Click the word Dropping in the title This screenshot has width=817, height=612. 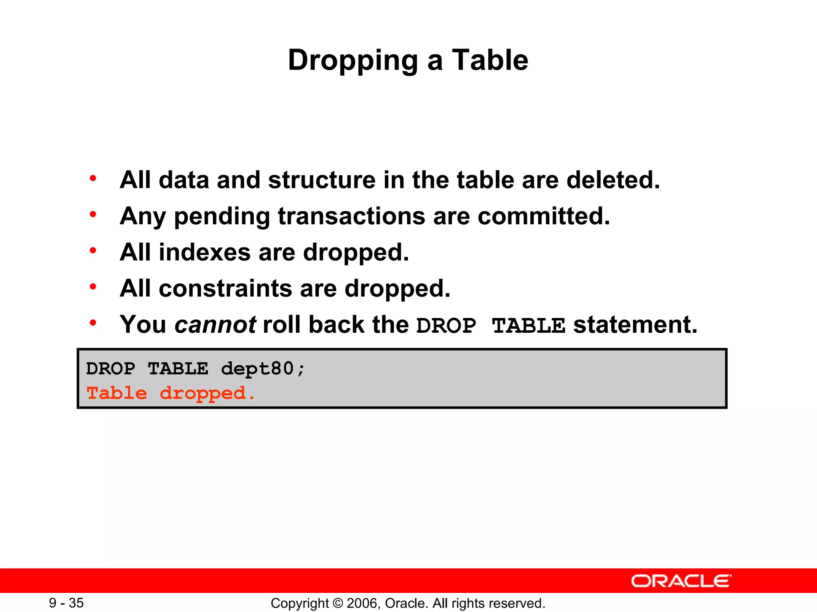[x=353, y=61]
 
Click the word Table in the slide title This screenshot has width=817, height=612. [x=490, y=60]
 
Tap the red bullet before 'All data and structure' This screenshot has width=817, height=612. [x=93, y=178]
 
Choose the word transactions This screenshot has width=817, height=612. [x=351, y=216]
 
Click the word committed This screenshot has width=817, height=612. [x=544, y=216]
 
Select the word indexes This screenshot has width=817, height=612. [x=205, y=253]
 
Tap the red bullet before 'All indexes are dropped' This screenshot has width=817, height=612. [x=93, y=251]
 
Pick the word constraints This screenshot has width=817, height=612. [x=225, y=288]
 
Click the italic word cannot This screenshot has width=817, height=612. [x=215, y=325]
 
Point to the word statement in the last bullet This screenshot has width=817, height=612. [x=635, y=325]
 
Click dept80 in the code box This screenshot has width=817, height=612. [x=258, y=369]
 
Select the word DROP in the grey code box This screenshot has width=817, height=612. [x=111, y=369]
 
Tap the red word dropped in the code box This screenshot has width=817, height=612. [x=203, y=394]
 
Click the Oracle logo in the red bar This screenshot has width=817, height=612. [x=681, y=581]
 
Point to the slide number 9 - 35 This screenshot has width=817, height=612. [x=66, y=603]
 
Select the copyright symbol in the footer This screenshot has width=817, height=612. [x=337, y=603]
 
